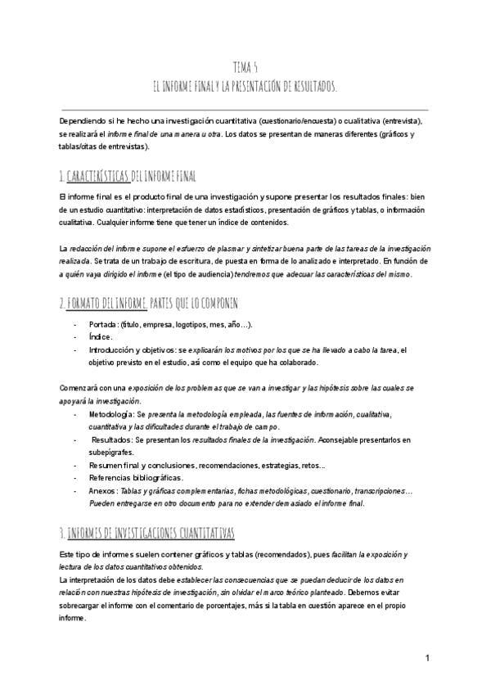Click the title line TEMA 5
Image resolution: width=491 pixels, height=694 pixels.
click(245, 69)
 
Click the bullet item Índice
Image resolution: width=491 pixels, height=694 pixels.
click(101, 336)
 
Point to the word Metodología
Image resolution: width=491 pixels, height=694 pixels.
click(112, 415)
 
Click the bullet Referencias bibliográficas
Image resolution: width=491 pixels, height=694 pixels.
click(137, 477)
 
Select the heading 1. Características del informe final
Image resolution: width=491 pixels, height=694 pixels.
click(128, 177)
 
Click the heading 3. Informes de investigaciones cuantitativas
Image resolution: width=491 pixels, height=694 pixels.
click(147, 534)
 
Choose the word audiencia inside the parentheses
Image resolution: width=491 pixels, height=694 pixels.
click(245, 274)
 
